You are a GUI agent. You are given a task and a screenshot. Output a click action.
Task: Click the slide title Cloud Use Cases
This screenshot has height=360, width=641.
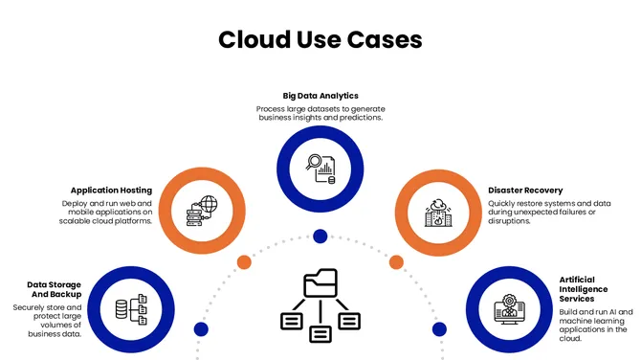tap(320, 39)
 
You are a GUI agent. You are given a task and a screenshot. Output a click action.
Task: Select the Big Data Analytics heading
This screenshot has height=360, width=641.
tap(320, 96)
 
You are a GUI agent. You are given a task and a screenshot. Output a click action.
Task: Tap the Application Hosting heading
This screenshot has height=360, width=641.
tap(111, 190)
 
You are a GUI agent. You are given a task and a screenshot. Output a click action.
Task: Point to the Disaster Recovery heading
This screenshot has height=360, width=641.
tap(525, 190)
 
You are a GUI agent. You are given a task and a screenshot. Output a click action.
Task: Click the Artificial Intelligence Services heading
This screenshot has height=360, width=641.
tap(583, 289)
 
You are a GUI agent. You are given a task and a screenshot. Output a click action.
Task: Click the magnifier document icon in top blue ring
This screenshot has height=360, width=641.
tap(320, 169)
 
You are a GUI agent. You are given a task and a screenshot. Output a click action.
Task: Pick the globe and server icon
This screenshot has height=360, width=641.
tap(202, 211)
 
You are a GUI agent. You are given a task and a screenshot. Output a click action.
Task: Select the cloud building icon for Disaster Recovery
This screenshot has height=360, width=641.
tap(438, 213)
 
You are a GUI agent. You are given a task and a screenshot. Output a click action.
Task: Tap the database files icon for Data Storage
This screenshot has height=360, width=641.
tap(129, 308)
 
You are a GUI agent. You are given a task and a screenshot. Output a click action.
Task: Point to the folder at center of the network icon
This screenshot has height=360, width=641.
tap(320, 283)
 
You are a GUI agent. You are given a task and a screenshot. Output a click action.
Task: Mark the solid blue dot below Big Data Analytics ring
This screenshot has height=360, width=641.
tap(320, 236)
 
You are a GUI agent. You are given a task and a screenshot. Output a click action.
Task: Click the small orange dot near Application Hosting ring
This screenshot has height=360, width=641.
tap(244, 261)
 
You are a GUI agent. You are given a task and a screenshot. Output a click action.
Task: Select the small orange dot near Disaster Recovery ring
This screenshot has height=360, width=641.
tap(396, 261)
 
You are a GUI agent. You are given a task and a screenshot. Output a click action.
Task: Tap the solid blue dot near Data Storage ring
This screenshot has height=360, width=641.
tap(201, 329)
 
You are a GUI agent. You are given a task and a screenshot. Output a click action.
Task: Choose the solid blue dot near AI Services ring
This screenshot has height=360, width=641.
tap(439, 329)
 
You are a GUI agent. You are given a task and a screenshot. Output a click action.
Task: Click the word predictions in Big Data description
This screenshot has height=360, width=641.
tap(358, 118)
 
